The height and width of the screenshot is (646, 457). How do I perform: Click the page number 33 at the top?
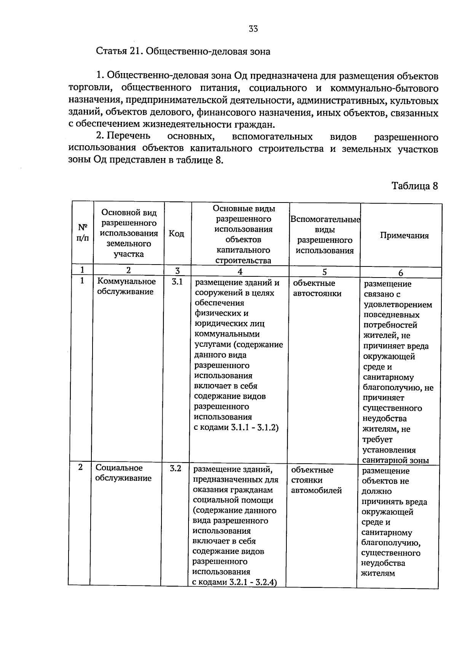(x=253, y=29)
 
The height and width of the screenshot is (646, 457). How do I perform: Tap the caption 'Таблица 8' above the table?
(x=415, y=186)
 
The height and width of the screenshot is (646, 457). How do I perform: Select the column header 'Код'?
(x=176, y=234)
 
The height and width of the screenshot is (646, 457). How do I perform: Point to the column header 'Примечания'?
(x=404, y=236)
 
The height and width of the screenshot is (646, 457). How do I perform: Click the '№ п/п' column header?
(x=83, y=233)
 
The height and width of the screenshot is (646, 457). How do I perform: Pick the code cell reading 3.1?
(x=177, y=282)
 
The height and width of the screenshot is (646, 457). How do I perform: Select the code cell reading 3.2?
(x=176, y=468)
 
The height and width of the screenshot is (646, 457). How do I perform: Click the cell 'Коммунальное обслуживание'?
(x=126, y=286)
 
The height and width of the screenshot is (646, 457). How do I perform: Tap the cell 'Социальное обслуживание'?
(x=123, y=473)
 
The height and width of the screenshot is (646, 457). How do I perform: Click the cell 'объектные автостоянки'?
(x=317, y=288)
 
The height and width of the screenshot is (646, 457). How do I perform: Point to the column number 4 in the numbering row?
(x=240, y=272)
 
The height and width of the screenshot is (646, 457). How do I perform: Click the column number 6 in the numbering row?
(x=401, y=273)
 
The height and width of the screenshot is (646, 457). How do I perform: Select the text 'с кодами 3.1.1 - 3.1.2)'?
(x=236, y=427)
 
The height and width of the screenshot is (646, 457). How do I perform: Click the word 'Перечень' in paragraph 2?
(x=128, y=136)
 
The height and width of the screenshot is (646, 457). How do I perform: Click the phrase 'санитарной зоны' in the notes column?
(x=396, y=460)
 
